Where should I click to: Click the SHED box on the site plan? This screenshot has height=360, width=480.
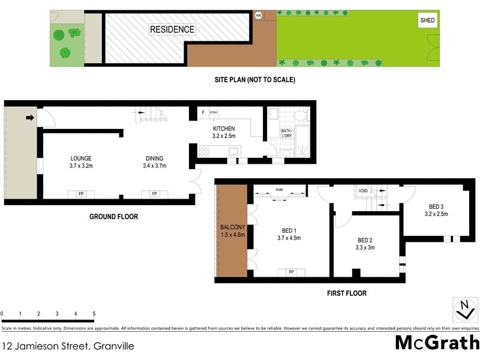[427, 20]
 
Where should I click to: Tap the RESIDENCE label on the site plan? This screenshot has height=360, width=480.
[172, 29]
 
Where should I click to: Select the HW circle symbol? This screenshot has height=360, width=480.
[259, 16]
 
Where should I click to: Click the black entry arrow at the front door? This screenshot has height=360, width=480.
[30, 118]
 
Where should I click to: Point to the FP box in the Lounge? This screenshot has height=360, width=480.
[80, 193]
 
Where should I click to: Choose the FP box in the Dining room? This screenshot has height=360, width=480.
[154, 193]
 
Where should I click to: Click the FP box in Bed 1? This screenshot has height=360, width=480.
[292, 272]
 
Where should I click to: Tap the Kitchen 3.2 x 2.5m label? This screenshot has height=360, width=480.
[224, 132]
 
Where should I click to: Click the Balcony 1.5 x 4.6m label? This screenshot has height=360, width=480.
[233, 230]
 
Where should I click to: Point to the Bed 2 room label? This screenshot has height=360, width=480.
[365, 243]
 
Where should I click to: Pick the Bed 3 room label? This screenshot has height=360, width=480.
[436, 210]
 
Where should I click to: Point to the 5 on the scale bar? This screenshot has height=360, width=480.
[94, 314]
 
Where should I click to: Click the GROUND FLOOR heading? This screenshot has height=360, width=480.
[113, 217]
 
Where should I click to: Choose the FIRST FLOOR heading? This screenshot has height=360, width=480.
[346, 293]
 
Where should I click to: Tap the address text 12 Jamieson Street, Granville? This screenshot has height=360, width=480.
[68, 346]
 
